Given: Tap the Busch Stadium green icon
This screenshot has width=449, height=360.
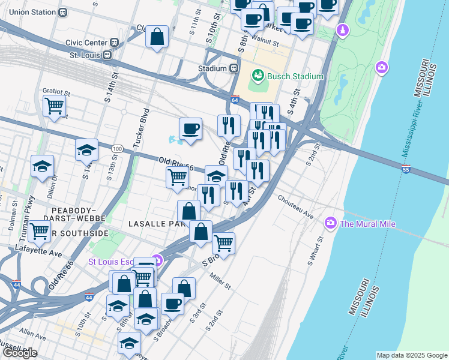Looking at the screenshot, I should pyautogui.click(x=258, y=76).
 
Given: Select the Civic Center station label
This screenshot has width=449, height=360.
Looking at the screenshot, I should pyautogui.click(x=88, y=43).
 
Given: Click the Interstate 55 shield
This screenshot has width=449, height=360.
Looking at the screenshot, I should pyautogui.click(x=406, y=170).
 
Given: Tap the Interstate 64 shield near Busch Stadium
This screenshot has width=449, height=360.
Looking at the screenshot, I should pyautogui.click(x=235, y=99).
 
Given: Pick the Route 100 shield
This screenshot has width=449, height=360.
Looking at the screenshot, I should pyautogui.click(x=117, y=148).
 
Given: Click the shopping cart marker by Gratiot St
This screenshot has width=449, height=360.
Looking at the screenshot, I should pyautogui.click(x=55, y=106).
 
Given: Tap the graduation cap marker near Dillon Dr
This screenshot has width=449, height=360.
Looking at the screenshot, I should pyautogui.click(x=43, y=166).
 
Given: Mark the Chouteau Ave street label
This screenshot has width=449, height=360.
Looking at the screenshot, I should pyautogui.click(x=295, y=206).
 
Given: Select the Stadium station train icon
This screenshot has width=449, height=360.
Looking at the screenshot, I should pyautogui.click(x=234, y=68).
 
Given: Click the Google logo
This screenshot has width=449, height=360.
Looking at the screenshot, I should pyautogui.click(x=20, y=353).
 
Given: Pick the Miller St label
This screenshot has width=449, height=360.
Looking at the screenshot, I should pyautogui.click(x=220, y=281).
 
